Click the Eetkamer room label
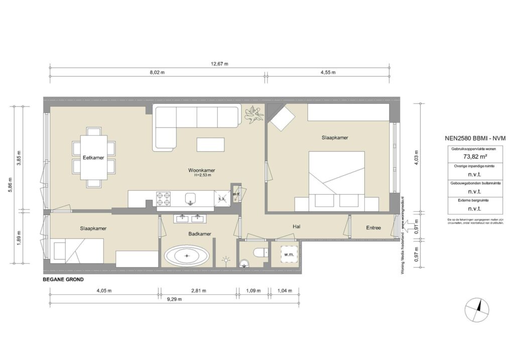point(94,158)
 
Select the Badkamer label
point(199,234)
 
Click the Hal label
point(296,227)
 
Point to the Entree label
point(373,228)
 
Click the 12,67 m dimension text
point(219,64)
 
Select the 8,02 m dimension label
point(157,73)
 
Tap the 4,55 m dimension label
point(328,73)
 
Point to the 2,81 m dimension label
point(199,291)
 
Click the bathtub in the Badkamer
point(187,256)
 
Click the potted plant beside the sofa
point(253,115)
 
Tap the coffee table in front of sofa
point(210,145)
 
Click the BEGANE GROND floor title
point(63,280)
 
